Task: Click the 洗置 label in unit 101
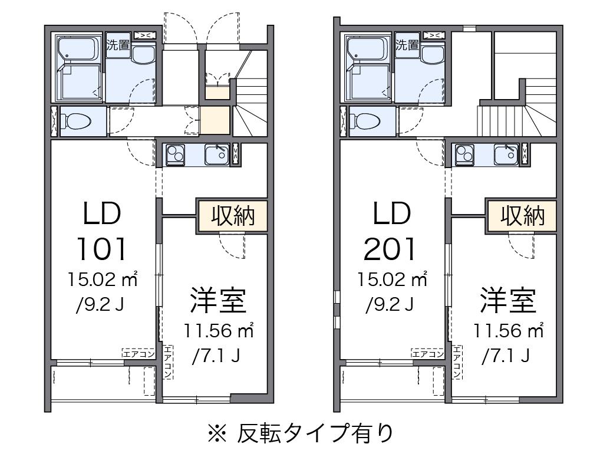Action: pyautogui.click(x=118, y=44)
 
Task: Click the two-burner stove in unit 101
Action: pyautogui.click(x=176, y=155)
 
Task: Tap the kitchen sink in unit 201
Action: pyautogui.click(x=506, y=155)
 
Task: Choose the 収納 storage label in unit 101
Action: pyautogui.click(x=232, y=216)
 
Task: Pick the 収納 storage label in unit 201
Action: pyautogui.click(x=522, y=216)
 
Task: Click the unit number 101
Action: pyautogui.click(x=101, y=249)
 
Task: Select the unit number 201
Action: pyautogui.click(x=391, y=249)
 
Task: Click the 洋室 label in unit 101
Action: pyautogui.click(x=217, y=300)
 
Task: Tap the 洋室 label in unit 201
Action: pyautogui.click(x=507, y=300)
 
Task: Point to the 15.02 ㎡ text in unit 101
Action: pyautogui.click(x=101, y=279)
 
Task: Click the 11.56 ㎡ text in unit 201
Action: pyautogui.click(x=507, y=331)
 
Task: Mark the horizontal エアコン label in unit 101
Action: pyautogui.click(x=138, y=354)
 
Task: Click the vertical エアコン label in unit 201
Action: pyautogui.click(x=457, y=361)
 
